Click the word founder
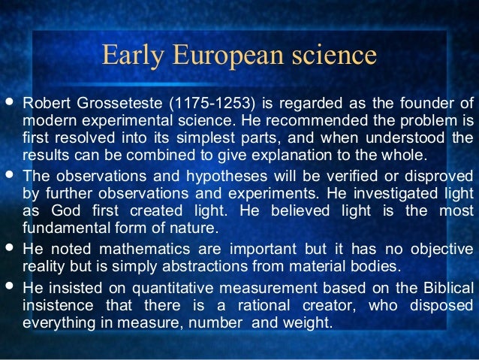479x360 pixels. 421,102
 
